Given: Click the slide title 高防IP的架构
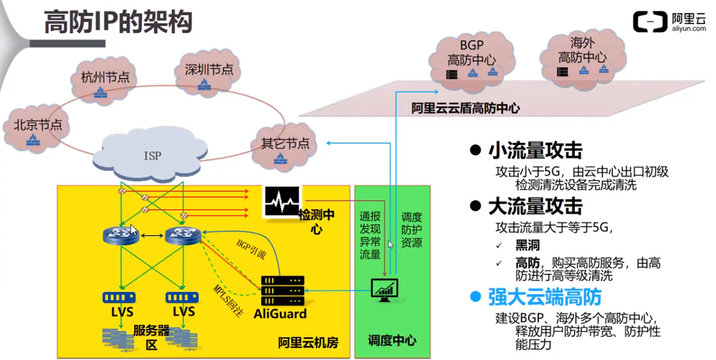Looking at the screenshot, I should (x=118, y=22).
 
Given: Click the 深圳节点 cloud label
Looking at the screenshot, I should (x=208, y=69).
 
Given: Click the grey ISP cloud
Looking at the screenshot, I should (x=152, y=156).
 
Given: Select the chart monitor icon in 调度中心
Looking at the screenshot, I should (x=384, y=288).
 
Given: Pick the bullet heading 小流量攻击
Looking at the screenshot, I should (x=535, y=150).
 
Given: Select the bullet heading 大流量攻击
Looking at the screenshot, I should (x=535, y=207).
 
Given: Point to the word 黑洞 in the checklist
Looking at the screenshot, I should (x=526, y=245).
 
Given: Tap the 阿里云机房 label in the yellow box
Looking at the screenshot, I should (x=308, y=342).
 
